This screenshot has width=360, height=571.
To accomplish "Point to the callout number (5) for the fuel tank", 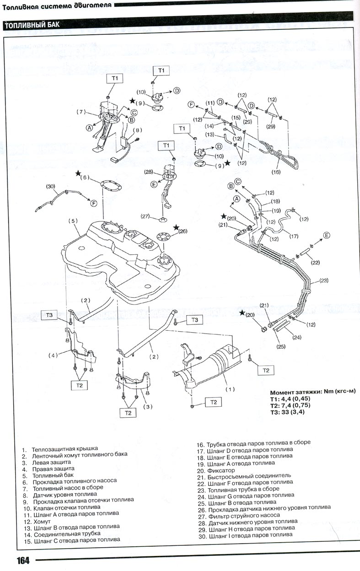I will coord(74,221).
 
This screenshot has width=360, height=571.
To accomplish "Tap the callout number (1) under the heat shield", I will coord(230,389).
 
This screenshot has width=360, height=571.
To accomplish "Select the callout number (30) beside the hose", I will coord(50,186).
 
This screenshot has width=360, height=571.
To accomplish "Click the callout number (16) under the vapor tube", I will coord(275,172).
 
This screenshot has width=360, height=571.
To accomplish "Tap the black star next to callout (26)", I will coord(177,227).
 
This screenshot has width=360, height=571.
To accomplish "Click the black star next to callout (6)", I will coord(79,173).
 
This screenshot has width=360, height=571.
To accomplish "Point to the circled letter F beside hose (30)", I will coord(94,203).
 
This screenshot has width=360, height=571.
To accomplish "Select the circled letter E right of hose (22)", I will coord(327,235).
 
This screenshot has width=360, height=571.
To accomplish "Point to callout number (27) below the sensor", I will coord(145,216).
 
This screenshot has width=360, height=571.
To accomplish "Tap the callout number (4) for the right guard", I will coord(54,355).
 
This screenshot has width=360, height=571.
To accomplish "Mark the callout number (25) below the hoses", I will coord(281,346).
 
